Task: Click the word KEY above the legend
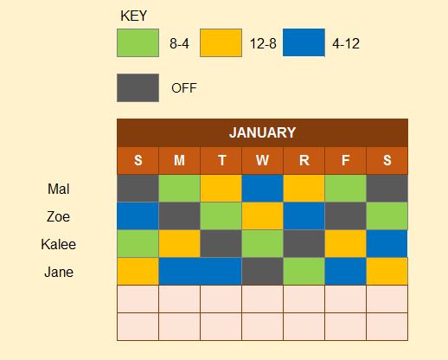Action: coord(133,16)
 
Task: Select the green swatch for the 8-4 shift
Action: coord(138,42)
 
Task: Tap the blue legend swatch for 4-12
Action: coord(304,42)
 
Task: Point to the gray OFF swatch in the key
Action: coord(138,87)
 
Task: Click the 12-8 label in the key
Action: coord(263,44)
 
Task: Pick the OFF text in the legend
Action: coord(184,88)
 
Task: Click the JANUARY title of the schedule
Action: coord(262,132)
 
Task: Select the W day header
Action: coord(262,160)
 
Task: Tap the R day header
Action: coord(304,160)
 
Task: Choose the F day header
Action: coord(345,160)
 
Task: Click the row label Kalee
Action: coord(59,244)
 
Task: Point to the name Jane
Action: coord(59,272)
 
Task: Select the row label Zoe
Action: coord(58,216)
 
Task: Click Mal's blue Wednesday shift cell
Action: coord(262,189)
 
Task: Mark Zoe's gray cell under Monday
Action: coord(179,216)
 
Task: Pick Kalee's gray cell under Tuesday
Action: coord(221,244)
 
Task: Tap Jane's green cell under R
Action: coord(304,272)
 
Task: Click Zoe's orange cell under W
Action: coord(262,216)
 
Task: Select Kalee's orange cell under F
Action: coord(345,244)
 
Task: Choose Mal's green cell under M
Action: coord(179,189)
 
